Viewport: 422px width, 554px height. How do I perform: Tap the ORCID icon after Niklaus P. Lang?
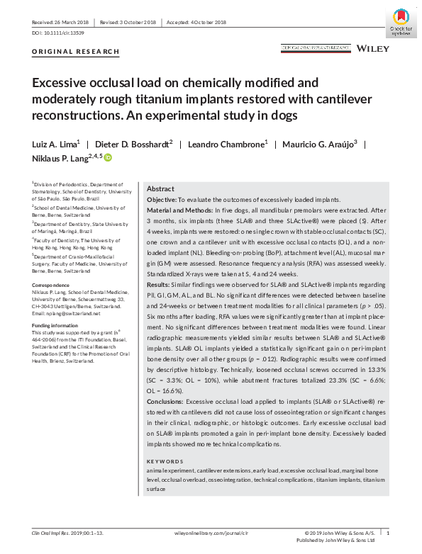[109, 157]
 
